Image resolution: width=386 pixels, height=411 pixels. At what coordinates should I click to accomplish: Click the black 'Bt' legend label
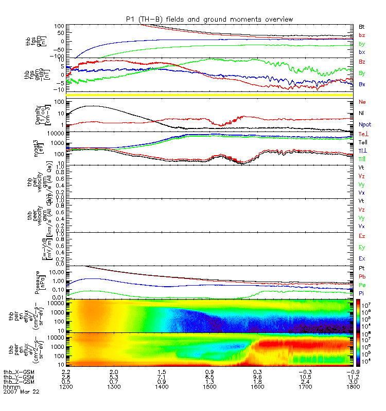point(362,26)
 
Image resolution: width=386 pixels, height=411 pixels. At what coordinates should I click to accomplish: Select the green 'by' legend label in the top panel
point(362,44)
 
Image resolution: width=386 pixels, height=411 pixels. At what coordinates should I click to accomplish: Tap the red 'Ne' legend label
point(362,102)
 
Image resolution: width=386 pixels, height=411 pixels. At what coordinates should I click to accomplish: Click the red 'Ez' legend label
point(362,236)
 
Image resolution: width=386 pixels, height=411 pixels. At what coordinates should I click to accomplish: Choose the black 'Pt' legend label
point(362,269)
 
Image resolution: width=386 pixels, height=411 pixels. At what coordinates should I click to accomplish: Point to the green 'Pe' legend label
point(362,285)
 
